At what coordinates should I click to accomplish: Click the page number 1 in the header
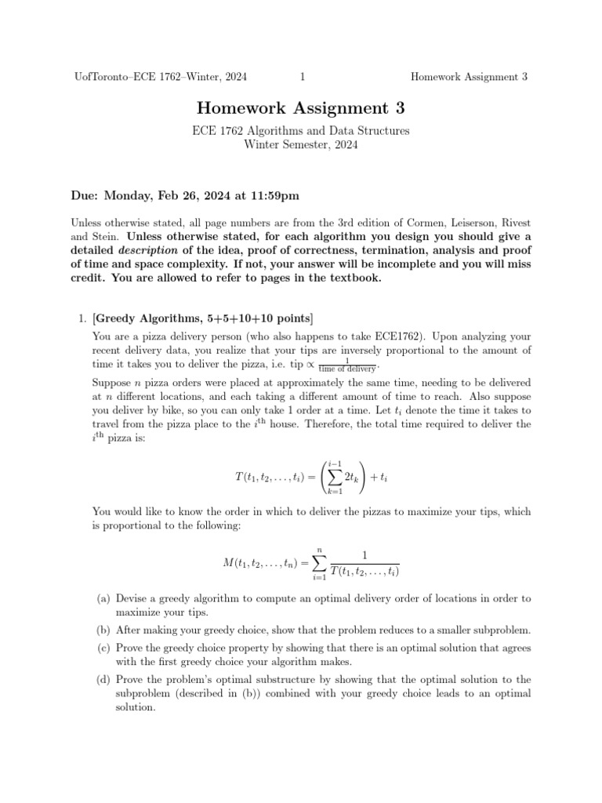pyautogui.click(x=302, y=77)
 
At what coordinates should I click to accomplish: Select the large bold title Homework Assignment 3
pyautogui.click(x=300, y=108)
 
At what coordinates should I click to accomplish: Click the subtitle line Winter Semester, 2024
pyautogui.click(x=300, y=144)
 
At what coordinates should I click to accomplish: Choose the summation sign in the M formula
pyautogui.click(x=319, y=564)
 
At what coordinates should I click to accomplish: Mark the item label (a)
pyautogui.click(x=103, y=598)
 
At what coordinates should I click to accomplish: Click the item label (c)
pyautogui.click(x=103, y=649)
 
